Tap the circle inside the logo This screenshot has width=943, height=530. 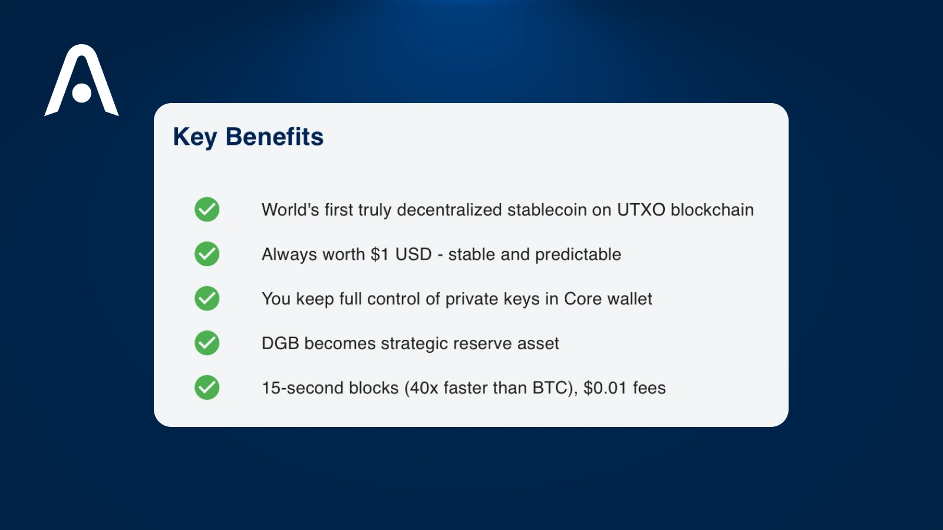[x=82, y=93]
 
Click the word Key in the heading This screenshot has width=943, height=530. [x=194, y=137]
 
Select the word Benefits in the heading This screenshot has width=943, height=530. [x=275, y=137]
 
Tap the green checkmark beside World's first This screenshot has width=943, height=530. [x=207, y=209]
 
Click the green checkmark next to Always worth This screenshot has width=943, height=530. [x=207, y=254]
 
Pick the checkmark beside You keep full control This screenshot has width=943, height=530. [x=207, y=299]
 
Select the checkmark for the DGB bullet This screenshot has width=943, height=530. [x=207, y=343]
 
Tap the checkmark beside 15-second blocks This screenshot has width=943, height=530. [x=207, y=387]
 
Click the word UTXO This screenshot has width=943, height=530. [x=641, y=210]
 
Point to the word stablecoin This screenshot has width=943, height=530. [x=546, y=210]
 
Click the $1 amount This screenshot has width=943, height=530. [x=380, y=254]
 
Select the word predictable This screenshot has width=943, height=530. [x=578, y=254]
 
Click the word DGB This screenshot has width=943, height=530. [x=280, y=343]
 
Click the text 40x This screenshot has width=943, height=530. [x=424, y=388]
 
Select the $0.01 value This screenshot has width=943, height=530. [x=605, y=388]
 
